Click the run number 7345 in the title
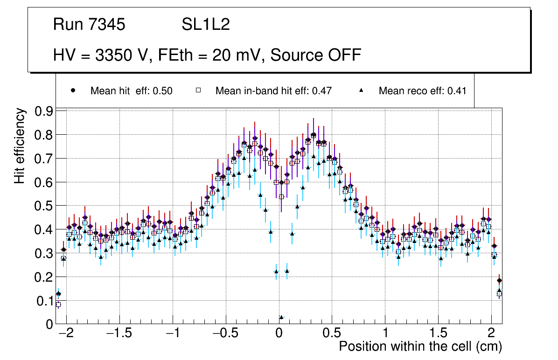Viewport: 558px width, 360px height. pyautogui.click(x=108, y=25)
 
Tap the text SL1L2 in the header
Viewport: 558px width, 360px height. pyautogui.click(x=206, y=25)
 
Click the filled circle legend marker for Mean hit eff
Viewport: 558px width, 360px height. pyautogui.click(x=72, y=90)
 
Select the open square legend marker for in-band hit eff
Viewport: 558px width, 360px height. pyautogui.click(x=198, y=90)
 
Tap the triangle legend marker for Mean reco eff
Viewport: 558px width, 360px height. pyautogui.click(x=361, y=90)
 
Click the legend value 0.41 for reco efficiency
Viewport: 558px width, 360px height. pyautogui.click(x=457, y=91)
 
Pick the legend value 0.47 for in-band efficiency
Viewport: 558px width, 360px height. pyautogui.click(x=322, y=91)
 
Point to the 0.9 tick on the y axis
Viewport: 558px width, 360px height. pyautogui.click(x=43, y=111)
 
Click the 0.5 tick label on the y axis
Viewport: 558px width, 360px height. pyautogui.click(x=43, y=206)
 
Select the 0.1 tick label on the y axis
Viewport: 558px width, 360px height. pyautogui.click(x=43, y=301)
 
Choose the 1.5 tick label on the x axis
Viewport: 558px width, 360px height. pyautogui.click(x=438, y=333)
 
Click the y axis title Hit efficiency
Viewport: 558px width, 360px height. pyautogui.click(x=20, y=145)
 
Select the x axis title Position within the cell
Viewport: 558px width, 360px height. pyautogui.click(x=420, y=347)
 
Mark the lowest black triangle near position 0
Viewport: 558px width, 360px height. pyautogui.click(x=281, y=317)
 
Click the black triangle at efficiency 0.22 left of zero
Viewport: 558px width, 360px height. pyautogui.click(x=276, y=271)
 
